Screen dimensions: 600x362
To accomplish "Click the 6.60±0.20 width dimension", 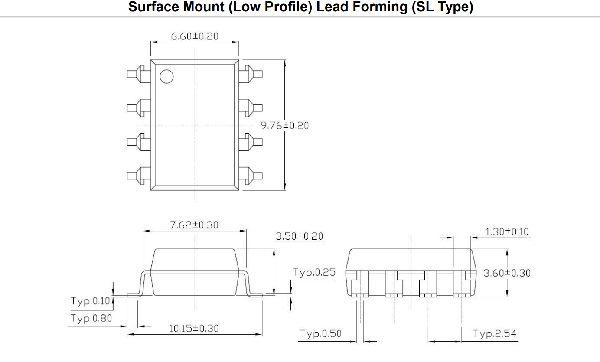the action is coord(195,36).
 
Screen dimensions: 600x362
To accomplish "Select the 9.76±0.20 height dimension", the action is coord(285,125).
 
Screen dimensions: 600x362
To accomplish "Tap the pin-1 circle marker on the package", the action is coord(166,76).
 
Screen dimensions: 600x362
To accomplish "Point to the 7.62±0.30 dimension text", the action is coord(194,225).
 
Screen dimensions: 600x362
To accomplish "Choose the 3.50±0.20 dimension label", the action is coord(300,236).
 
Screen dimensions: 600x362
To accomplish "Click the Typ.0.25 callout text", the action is coord(314,272).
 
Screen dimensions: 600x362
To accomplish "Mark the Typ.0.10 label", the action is coord(90,301).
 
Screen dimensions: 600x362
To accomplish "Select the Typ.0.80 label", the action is coord(91,318).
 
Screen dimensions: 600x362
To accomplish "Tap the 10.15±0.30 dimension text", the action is coord(194,328).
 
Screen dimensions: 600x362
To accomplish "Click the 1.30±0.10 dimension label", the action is coord(507,232).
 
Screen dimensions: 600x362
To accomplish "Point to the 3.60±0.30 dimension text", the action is coord(507,273).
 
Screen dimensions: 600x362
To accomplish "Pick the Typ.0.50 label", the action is coord(321,333).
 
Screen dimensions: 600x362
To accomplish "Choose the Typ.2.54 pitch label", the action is coord(495,333).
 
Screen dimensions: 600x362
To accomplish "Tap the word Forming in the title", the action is coord(380,7).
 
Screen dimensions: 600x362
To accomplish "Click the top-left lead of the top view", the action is coord(138,74).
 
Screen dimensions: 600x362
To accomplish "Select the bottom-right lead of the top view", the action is coord(251,176).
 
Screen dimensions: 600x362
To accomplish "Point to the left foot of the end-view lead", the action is coord(134,295).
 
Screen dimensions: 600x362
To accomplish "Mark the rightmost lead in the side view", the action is coord(462,284).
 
